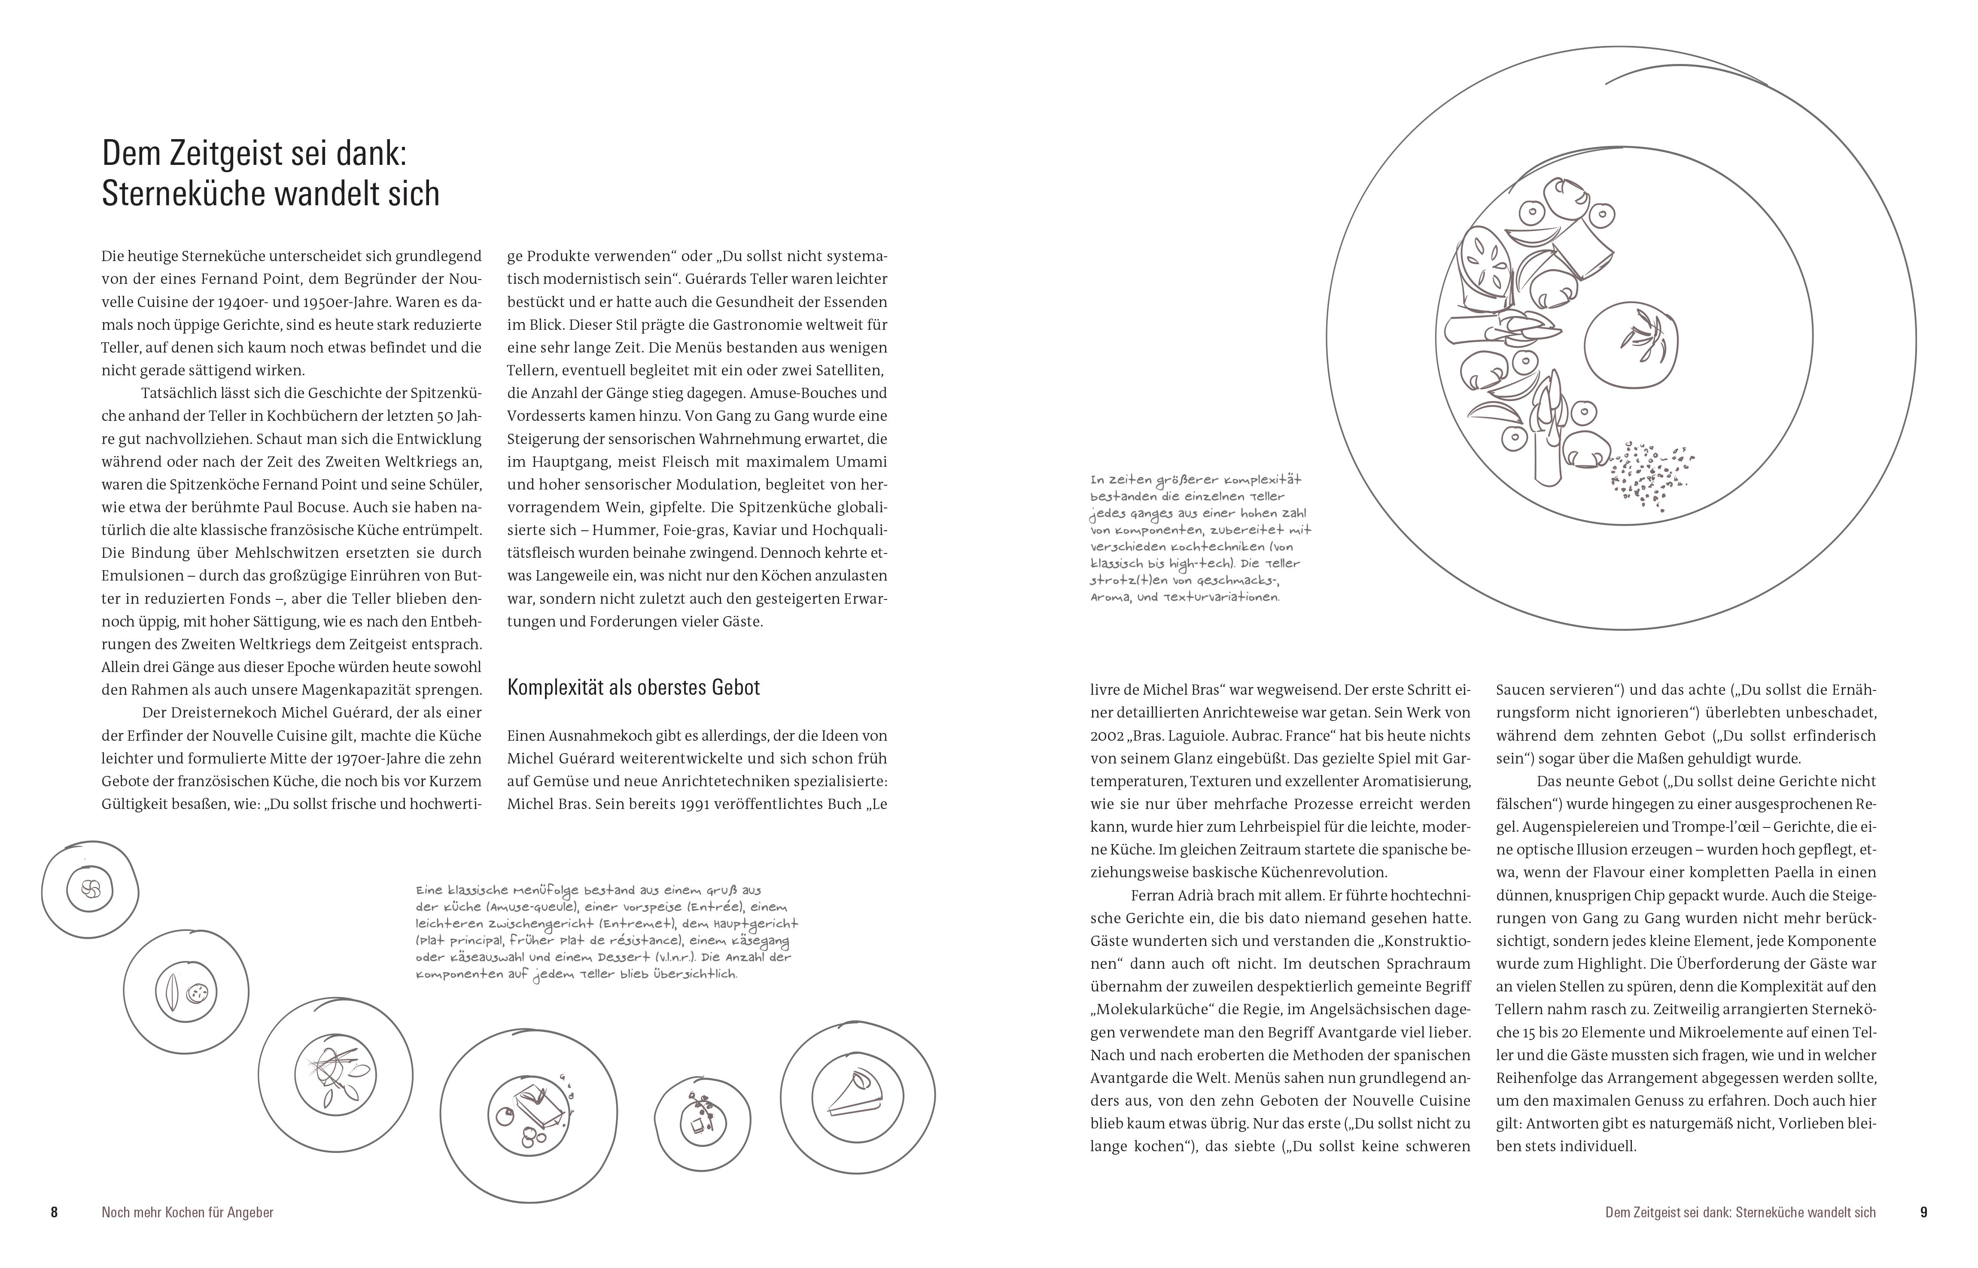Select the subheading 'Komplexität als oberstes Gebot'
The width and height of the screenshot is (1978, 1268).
pos(633,687)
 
